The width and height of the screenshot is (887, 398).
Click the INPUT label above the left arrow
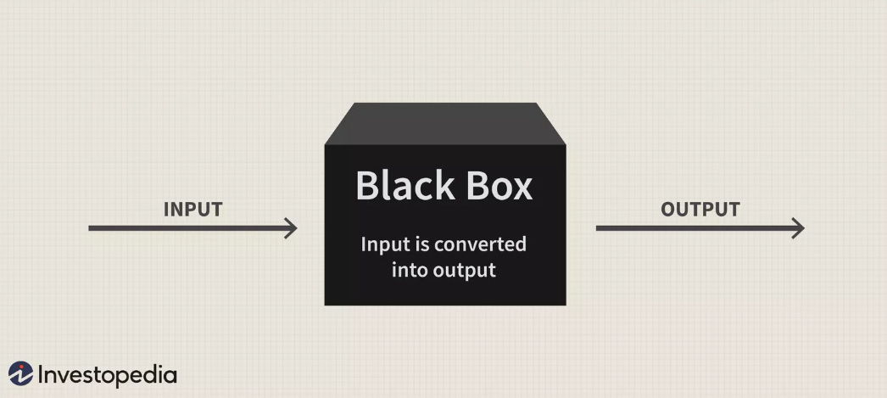(x=192, y=210)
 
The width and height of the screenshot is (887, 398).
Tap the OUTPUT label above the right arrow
(x=700, y=210)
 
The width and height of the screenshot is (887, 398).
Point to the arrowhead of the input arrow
(x=292, y=227)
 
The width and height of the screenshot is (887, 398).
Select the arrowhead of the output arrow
(x=798, y=227)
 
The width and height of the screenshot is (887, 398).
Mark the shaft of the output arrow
(x=695, y=227)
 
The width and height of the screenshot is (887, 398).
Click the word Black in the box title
(x=401, y=185)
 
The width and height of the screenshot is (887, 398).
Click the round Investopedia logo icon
(x=20, y=373)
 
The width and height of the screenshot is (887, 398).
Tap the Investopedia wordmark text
(x=107, y=374)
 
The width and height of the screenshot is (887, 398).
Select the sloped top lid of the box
(x=445, y=123)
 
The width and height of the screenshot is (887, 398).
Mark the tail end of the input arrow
(x=92, y=227)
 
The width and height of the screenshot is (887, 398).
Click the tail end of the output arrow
(x=599, y=227)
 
